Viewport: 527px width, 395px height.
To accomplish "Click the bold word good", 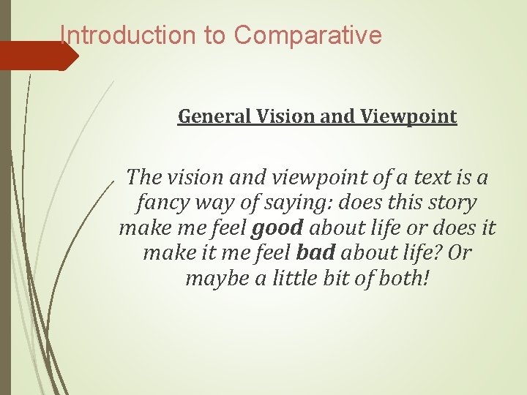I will point(276,228).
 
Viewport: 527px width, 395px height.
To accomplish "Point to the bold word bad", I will point(315,253).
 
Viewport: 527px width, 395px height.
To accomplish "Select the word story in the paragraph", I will point(450,203).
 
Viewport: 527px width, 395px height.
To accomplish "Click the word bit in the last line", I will point(342,279).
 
